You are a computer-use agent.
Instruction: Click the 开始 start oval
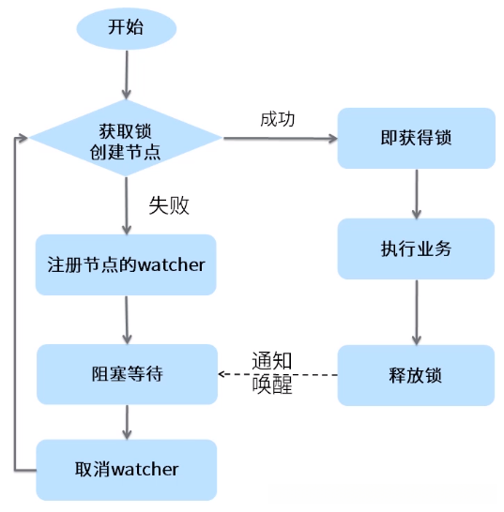[x=126, y=27]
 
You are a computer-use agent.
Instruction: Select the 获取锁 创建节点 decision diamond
[x=127, y=139]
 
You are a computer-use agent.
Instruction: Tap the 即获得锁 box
[x=416, y=138]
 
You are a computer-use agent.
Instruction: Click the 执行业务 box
[x=416, y=249]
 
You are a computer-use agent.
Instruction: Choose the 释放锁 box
[x=416, y=375]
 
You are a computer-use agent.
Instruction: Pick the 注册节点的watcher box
[x=126, y=264]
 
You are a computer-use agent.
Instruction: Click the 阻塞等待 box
[x=126, y=374]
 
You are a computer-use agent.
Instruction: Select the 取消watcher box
[x=126, y=468]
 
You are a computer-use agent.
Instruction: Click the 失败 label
[x=169, y=206]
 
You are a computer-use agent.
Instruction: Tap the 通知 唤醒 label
[x=272, y=372]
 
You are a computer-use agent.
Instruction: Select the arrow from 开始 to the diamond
[x=126, y=75]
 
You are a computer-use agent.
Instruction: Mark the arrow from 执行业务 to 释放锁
[x=416, y=312]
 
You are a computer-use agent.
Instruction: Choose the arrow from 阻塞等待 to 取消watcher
[x=126, y=421]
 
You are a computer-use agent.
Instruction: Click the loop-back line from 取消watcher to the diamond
[x=15, y=300]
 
